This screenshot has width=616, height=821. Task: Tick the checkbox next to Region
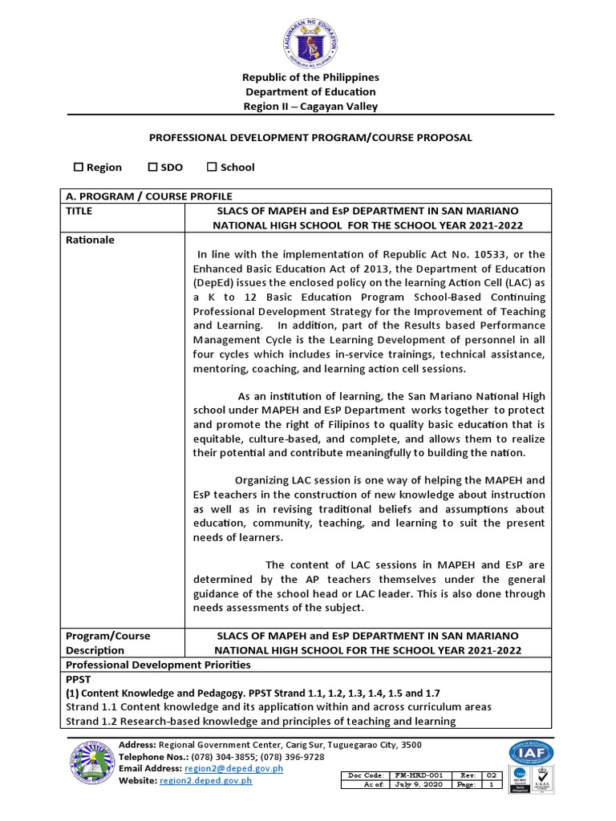(x=79, y=168)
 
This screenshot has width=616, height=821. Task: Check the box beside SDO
(x=153, y=168)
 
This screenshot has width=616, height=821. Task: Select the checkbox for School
(x=213, y=168)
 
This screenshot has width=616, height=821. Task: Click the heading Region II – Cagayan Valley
(x=310, y=107)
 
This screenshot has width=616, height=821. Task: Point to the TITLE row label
(x=79, y=211)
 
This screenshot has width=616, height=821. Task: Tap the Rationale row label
(x=90, y=240)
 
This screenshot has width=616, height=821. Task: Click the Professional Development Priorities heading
(x=158, y=665)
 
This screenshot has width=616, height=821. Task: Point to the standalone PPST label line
(x=79, y=678)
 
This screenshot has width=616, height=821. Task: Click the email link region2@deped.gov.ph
(x=233, y=768)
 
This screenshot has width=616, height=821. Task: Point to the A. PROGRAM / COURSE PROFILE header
(x=148, y=196)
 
